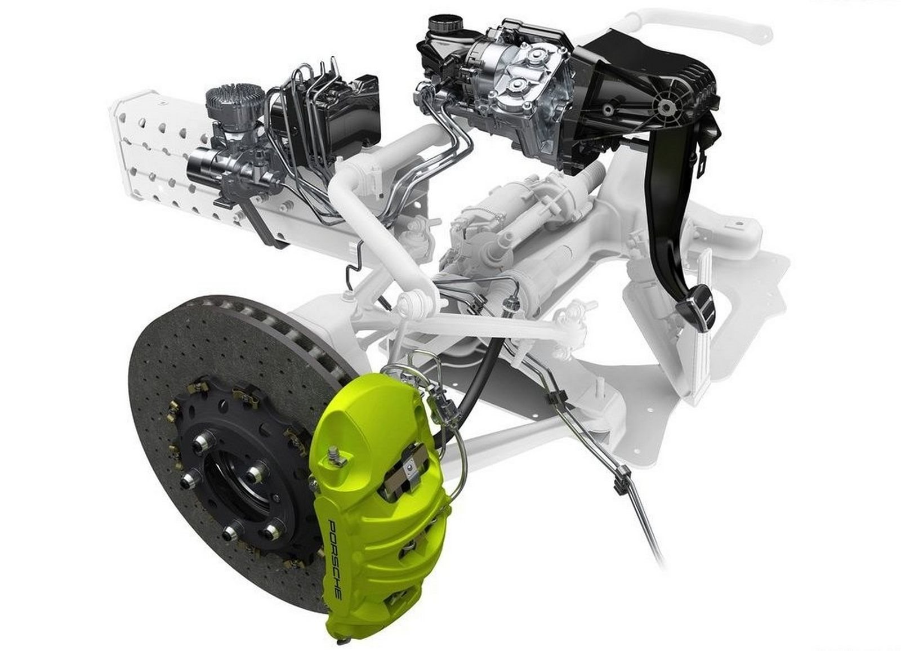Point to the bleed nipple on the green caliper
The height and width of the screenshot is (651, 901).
[333, 456]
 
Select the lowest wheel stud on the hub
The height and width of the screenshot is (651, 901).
[229, 534]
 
